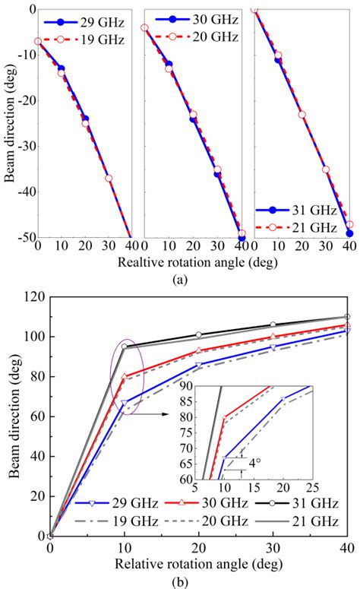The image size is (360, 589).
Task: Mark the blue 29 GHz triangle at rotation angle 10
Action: [124, 403]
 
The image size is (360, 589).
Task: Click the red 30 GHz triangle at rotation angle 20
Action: [198, 350]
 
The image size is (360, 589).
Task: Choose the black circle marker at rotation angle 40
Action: [347, 316]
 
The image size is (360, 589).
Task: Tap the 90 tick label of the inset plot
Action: [187, 388]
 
